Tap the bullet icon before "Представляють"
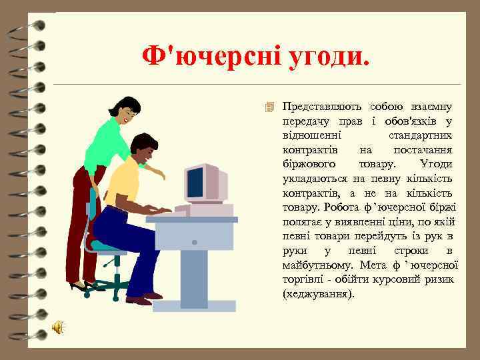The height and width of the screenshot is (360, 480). (270, 107)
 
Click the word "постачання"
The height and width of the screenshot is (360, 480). (423, 150)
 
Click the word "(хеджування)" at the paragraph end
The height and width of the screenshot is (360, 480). (319, 294)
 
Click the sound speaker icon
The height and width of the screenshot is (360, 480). (58, 327)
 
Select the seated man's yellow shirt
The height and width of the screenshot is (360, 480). (123, 181)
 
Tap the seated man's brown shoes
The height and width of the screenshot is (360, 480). (143, 299)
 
